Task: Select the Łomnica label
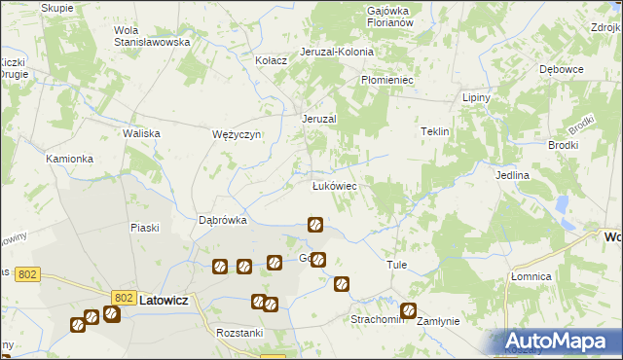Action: [x=531, y=276]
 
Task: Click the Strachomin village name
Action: [x=376, y=319]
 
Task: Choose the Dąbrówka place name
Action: [x=223, y=220]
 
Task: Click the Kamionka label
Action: [x=69, y=158]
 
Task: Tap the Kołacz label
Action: [x=271, y=60]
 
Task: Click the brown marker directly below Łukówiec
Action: [x=315, y=225]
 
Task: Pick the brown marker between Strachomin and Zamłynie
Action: [x=408, y=311]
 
